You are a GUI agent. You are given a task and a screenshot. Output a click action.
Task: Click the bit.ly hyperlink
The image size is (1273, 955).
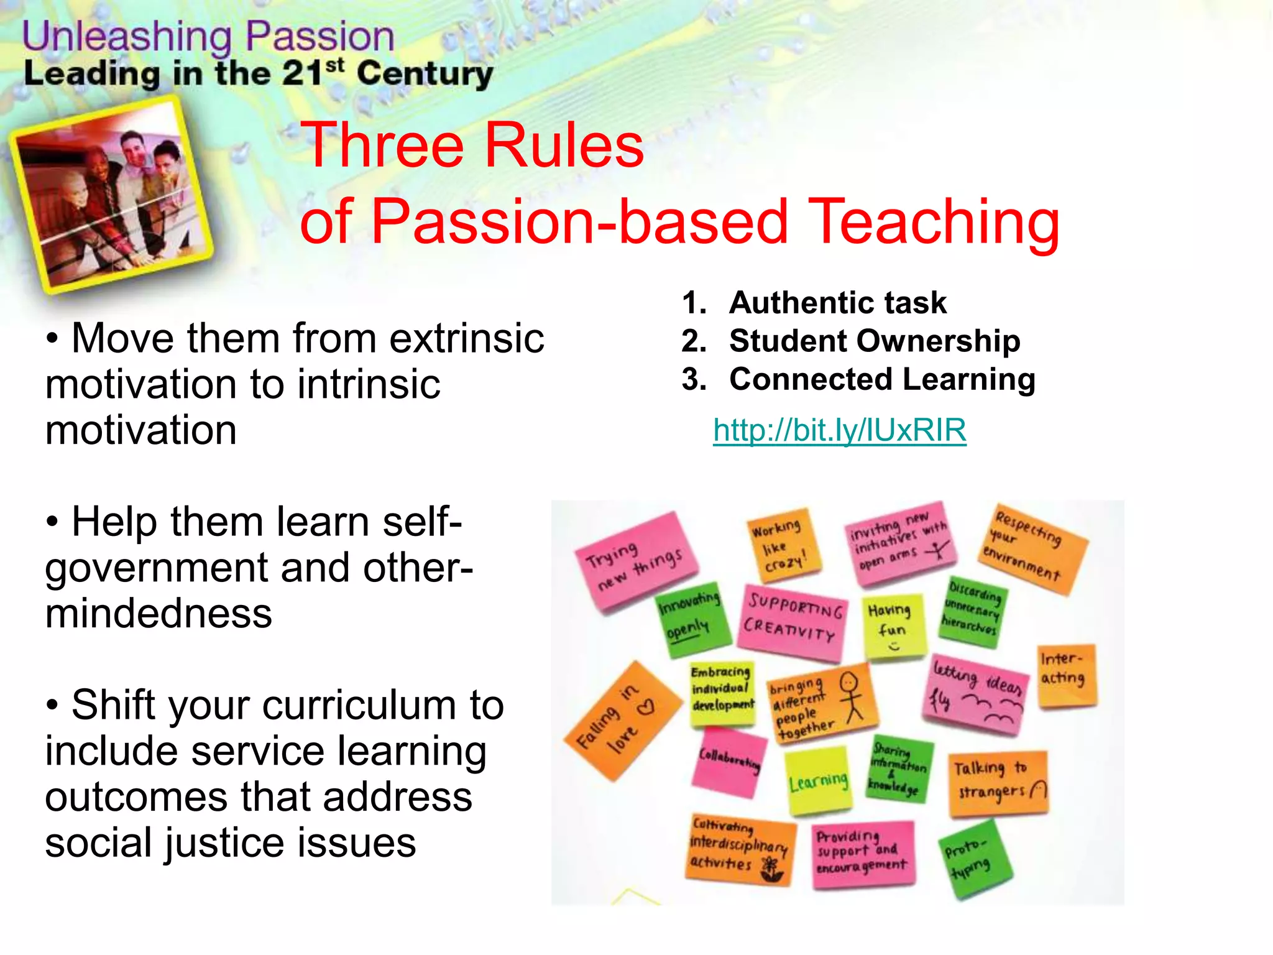[x=839, y=430]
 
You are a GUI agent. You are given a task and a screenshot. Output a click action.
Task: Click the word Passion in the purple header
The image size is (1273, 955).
[x=319, y=37]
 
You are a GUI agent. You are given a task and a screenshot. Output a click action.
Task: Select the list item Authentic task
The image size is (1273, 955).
[x=837, y=303]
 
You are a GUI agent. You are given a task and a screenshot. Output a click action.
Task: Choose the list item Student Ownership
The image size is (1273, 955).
[x=874, y=341]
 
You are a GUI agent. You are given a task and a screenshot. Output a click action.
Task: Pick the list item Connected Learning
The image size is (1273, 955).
[x=882, y=379]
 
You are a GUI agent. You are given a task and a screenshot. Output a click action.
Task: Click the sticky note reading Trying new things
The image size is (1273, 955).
[x=634, y=561]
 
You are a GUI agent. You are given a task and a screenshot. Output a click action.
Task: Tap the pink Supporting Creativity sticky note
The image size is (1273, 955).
[x=793, y=621]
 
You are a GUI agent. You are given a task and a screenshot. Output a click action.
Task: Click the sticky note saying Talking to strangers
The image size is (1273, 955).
[x=998, y=782]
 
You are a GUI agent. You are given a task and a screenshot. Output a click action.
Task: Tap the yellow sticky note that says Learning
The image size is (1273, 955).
[x=818, y=781]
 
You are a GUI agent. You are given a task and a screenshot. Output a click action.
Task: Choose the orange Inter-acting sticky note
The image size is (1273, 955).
[x=1065, y=675]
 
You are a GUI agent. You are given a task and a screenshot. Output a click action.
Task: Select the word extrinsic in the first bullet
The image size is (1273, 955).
[x=466, y=339]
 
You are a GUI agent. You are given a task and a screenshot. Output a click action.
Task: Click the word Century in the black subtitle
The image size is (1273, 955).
[x=425, y=74]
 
